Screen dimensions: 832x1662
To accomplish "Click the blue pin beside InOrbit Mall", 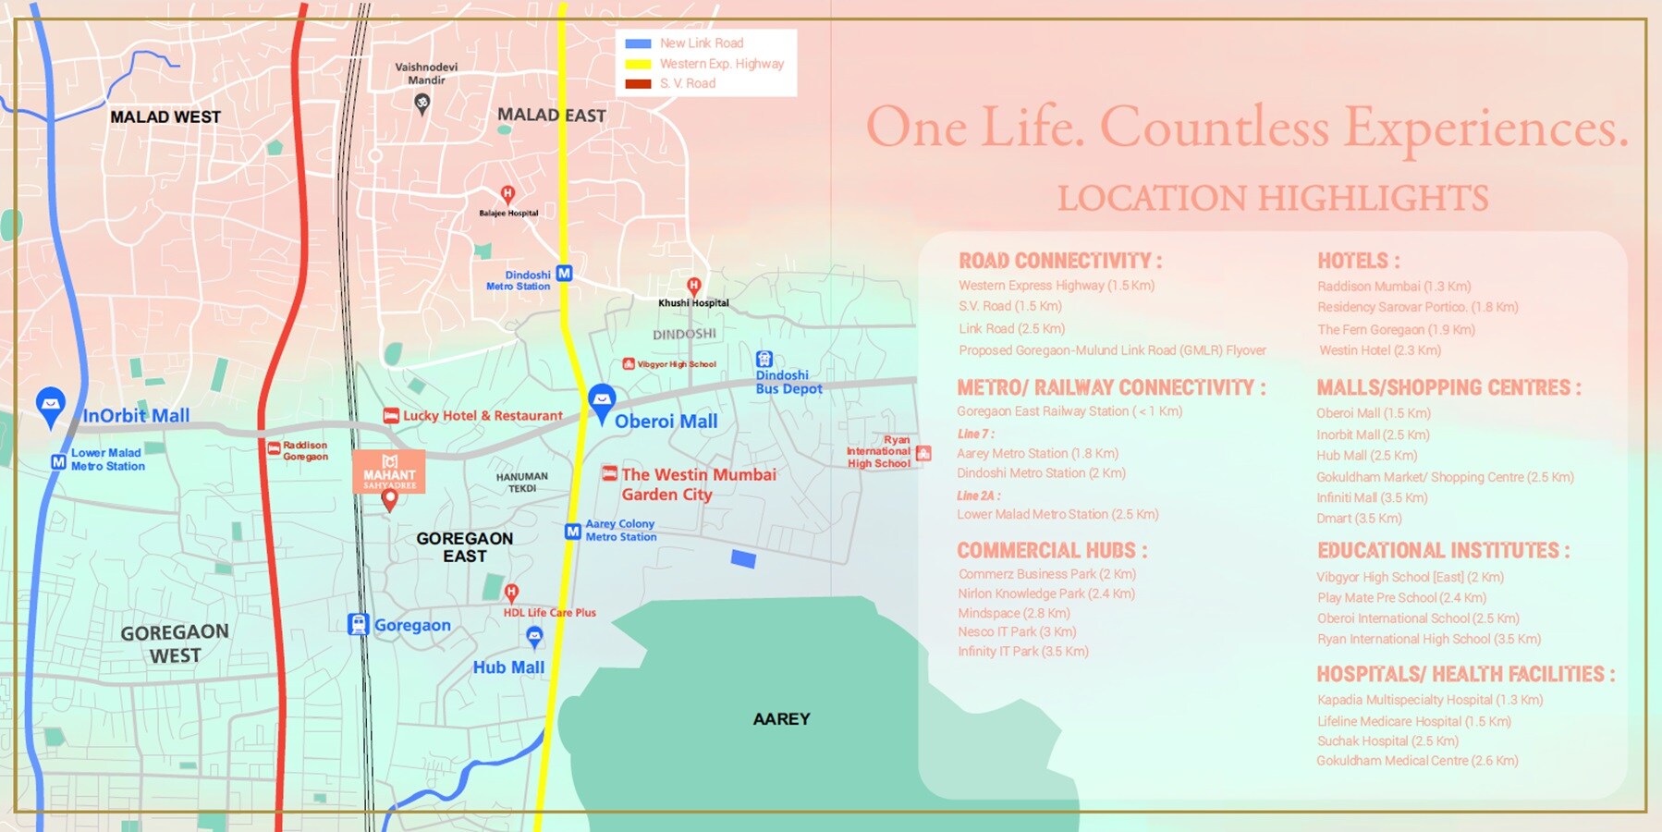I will tap(51, 405).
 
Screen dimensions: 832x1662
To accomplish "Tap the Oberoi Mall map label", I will tap(666, 422).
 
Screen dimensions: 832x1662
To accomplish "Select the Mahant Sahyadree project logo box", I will tap(389, 471).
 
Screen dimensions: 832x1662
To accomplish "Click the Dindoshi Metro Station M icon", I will tap(564, 274).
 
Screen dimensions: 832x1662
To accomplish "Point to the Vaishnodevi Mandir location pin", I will tap(422, 104).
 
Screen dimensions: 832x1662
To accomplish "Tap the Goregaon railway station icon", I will tap(359, 625).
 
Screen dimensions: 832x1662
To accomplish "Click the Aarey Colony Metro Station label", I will tap(620, 531).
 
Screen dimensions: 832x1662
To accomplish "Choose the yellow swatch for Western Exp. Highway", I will tap(638, 64).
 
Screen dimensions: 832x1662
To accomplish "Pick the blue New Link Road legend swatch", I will tap(638, 43).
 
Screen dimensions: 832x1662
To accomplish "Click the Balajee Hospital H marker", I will tap(507, 194).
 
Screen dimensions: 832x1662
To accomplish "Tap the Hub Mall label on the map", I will tap(508, 667).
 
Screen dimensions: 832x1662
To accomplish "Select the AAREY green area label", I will tap(781, 719).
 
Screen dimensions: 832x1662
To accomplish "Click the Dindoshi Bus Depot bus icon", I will tap(764, 360).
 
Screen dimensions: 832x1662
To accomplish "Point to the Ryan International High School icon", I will tap(923, 453).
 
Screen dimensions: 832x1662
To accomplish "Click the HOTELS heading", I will tap(1358, 262).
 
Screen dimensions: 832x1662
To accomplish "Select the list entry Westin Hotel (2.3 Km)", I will tap(1379, 350).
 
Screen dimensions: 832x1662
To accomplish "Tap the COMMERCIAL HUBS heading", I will tap(1052, 551).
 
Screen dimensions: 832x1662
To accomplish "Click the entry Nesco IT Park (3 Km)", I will tap(1017, 632).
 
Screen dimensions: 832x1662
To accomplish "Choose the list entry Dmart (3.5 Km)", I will tap(1359, 519).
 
